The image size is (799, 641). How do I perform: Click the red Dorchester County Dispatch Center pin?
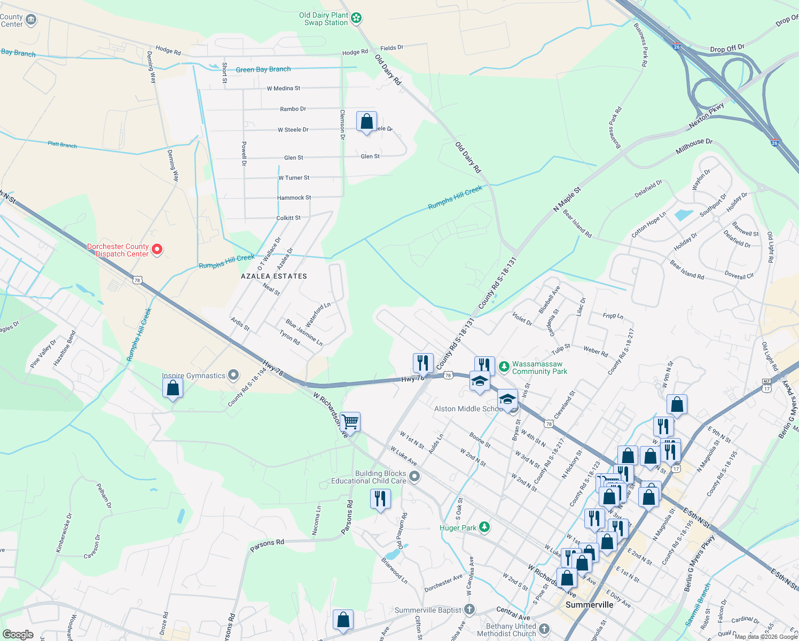(x=157, y=249)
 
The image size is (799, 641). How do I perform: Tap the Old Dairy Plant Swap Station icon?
(x=356, y=19)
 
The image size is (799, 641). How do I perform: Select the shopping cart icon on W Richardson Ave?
(x=350, y=422)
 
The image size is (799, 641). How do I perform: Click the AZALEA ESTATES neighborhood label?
(x=274, y=276)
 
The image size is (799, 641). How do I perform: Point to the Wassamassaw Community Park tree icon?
(x=504, y=367)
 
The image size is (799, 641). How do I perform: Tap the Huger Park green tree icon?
(x=484, y=527)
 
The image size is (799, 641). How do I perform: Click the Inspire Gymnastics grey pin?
(x=233, y=375)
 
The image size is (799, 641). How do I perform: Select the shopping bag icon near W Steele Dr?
(x=366, y=122)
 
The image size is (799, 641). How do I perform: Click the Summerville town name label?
(x=589, y=605)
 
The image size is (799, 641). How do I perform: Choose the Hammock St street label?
(x=294, y=198)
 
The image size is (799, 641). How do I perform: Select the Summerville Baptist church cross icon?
(x=469, y=609)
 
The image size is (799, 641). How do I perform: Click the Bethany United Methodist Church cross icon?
(x=544, y=629)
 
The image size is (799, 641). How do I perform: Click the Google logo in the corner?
(x=18, y=634)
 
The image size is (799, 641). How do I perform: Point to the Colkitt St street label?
(x=288, y=218)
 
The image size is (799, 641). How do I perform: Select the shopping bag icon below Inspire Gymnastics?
(x=173, y=389)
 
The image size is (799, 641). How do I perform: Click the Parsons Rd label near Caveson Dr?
(x=267, y=545)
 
